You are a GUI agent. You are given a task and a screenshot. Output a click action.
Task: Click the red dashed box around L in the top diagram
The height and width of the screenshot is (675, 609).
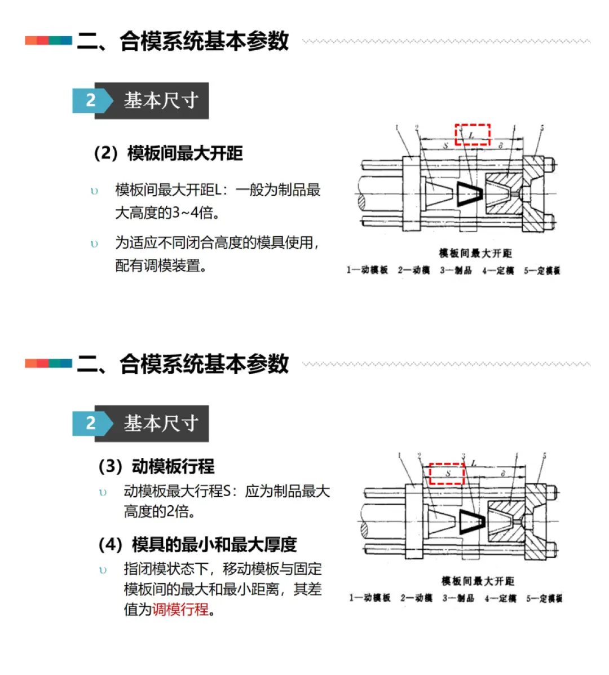[473, 135]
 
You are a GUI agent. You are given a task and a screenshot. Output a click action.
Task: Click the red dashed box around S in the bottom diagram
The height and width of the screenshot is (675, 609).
[447, 474]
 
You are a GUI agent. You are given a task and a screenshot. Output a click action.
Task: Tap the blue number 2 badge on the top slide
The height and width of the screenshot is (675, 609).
[91, 100]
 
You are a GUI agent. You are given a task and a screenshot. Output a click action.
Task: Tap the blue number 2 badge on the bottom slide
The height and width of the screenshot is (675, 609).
[91, 423]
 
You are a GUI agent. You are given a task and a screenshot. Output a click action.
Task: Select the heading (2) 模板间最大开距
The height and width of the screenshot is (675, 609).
[168, 153]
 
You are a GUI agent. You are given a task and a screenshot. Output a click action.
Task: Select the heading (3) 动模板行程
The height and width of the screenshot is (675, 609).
[156, 466]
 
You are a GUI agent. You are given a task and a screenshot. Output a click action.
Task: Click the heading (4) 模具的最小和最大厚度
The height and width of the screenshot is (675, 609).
[197, 545]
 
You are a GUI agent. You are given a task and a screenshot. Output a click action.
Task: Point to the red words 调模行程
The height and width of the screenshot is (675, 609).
[180, 610]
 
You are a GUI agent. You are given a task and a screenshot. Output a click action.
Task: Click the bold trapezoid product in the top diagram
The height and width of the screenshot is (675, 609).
[469, 193]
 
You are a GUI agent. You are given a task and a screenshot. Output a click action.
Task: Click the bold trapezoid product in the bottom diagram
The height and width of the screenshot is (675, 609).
[471, 522]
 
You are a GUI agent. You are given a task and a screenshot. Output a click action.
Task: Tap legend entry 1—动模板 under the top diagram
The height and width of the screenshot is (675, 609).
[367, 271]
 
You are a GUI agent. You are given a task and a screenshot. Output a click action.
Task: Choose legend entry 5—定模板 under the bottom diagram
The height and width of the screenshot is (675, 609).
[544, 598]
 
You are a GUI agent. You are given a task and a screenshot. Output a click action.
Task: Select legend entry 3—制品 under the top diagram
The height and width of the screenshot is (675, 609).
[456, 271]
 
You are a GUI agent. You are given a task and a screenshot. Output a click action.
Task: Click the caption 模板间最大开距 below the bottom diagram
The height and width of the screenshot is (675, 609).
[478, 581]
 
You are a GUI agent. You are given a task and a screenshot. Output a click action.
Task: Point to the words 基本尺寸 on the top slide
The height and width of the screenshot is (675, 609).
[161, 100]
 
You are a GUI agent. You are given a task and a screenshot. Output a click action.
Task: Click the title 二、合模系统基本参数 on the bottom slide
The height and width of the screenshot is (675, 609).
[183, 364]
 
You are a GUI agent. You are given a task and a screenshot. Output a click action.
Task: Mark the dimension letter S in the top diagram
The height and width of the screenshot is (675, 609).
[445, 146]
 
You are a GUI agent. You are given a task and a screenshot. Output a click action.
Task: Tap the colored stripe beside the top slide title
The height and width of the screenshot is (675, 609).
[48, 41]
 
